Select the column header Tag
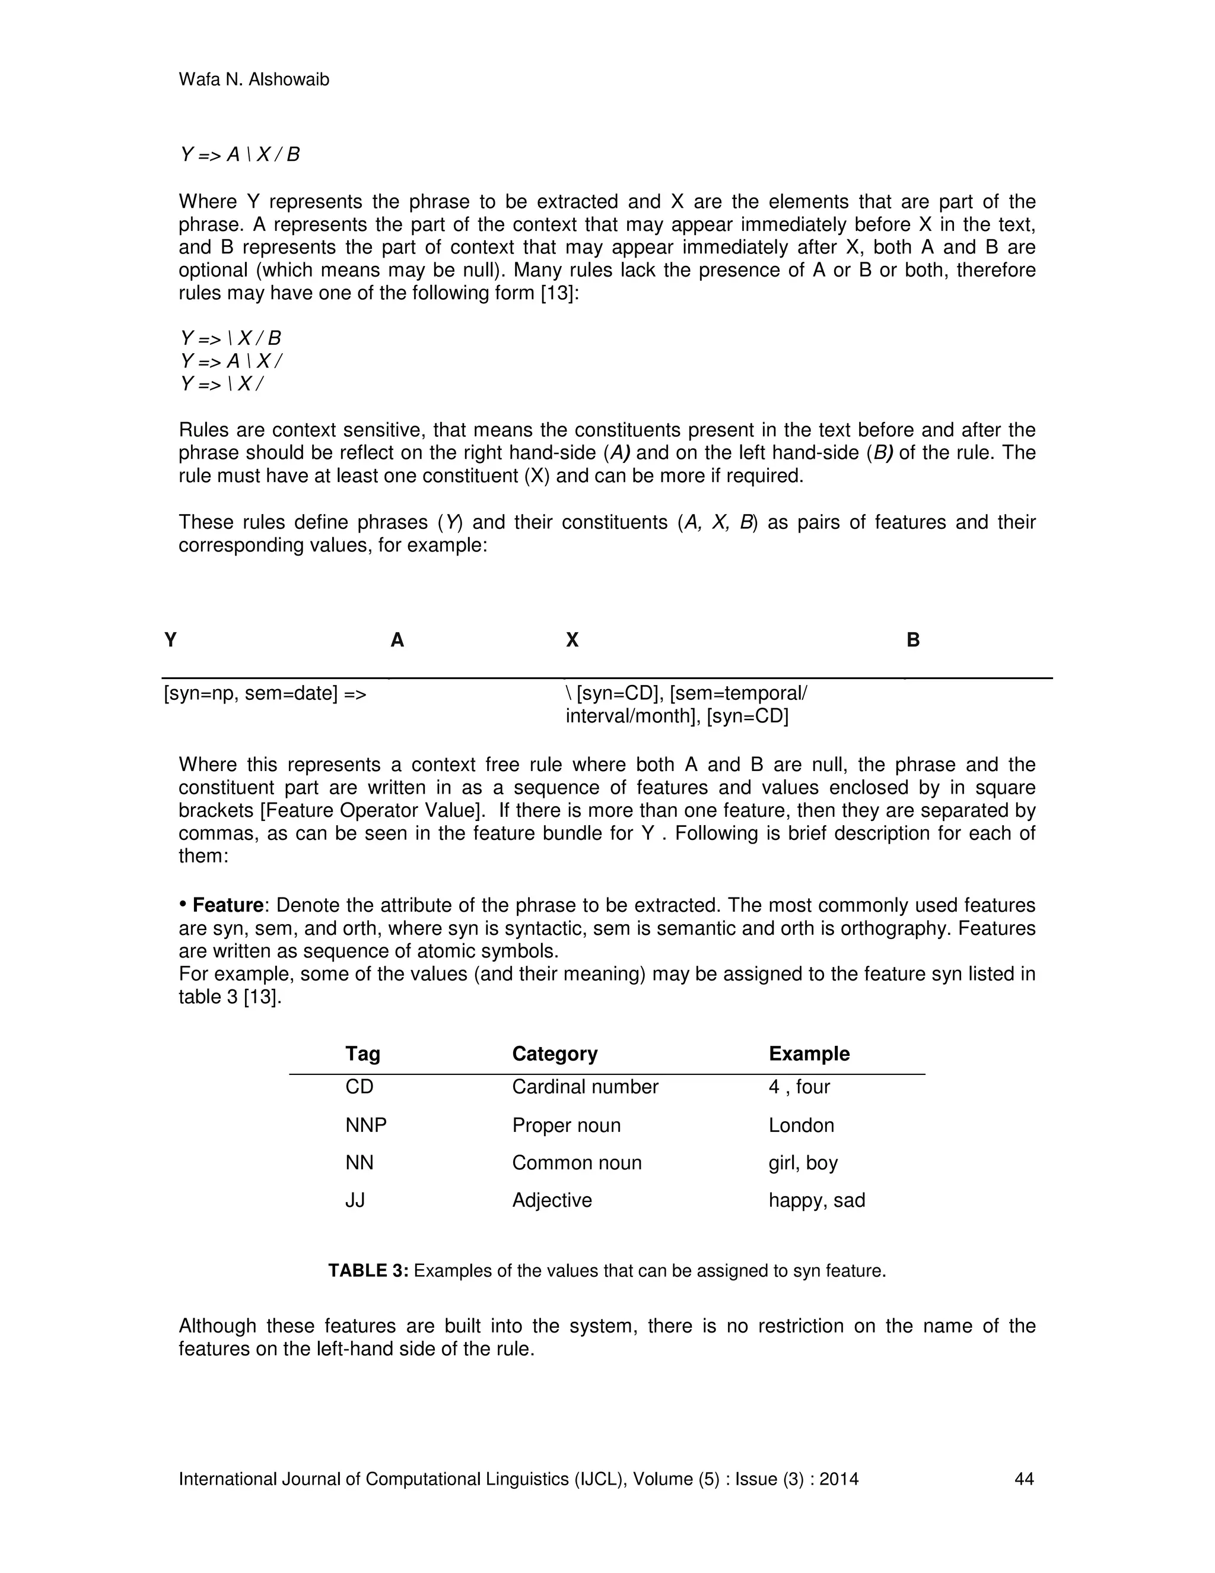coord(362,1054)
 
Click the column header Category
coord(554,1054)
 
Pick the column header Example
coord(809,1054)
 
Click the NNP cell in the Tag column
coord(365,1125)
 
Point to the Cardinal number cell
coord(584,1087)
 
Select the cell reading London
coord(800,1125)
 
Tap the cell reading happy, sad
coord(816,1200)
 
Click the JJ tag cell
coord(355,1200)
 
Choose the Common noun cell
coord(576,1162)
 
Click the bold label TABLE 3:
coord(368,1270)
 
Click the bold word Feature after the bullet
coord(227,905)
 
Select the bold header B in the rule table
coord(912,639)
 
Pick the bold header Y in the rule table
coord(171,639)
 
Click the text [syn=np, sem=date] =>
coord(265,693)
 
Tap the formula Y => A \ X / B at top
coord(240,155)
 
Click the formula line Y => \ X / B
coord(230,338)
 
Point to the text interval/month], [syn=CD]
coord(676,716)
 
